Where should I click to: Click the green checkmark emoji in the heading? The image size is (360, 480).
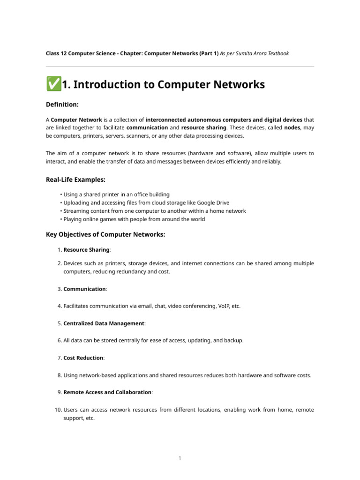pyautogui.click(x=53, y=84)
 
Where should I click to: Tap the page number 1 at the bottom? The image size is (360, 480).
pyautogui.click(x=180, y=458)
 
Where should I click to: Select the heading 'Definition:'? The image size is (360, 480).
pyautogui.click(x=62, y=104)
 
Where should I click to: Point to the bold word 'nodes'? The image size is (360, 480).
pyautogui.click(x=292, y=127)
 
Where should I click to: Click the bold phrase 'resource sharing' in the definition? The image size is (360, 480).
pyautogui.click(x=203, y=127)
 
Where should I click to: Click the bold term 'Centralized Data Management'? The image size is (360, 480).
pyautogui.click(x=104, y=323)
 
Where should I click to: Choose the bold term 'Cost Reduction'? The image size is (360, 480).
pyautogui.click(x=83, y=358)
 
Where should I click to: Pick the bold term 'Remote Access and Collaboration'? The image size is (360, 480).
pyautogui.click(x=107, y=392)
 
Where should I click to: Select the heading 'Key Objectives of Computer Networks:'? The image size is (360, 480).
pyautogui.click(x=105, y=234)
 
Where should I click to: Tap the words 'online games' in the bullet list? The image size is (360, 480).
pyautogui.click(x=96, y=219)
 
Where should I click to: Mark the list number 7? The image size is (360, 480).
pyautogui.click(x=60, y=358)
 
